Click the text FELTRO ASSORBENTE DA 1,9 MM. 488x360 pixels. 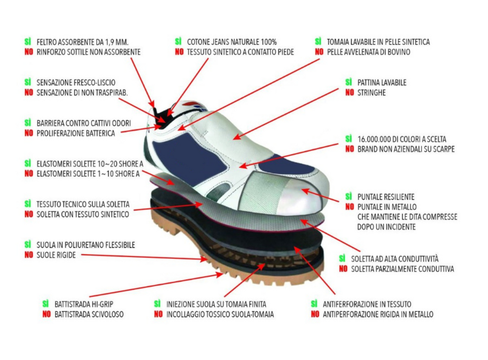[x=82, y=42]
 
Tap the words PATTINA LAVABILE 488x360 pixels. [x=382, y=83]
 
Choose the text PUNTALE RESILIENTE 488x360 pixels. [x=385, y=197]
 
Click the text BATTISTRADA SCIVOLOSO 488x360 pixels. [x=89, y=315]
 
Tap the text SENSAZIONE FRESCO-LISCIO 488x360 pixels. [x=76, y=83]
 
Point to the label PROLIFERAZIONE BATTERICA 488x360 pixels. [x=76, y=133]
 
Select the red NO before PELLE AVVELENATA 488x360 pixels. [x=319, y=52]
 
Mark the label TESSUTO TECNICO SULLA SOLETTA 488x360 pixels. [x=82, y=204]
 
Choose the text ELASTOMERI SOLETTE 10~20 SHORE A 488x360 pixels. [x=89, y=163]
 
